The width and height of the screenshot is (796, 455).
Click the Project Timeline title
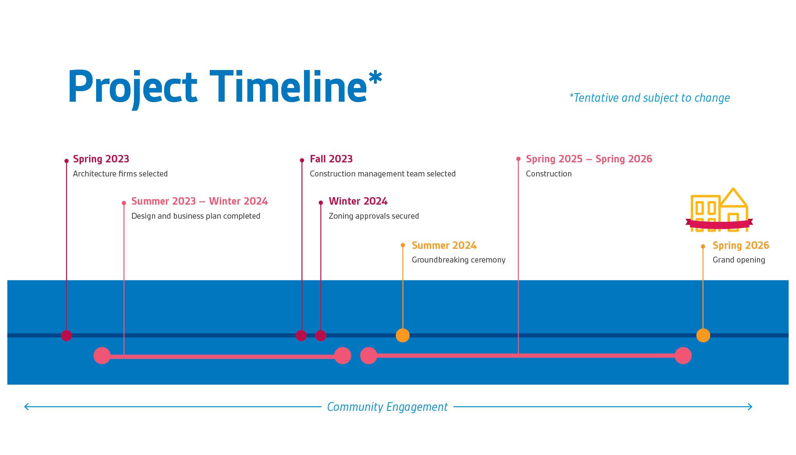tap(225, 88)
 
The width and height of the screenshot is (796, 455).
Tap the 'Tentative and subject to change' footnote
tap(649, 98)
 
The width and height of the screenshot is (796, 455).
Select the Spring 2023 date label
tap(101, 159)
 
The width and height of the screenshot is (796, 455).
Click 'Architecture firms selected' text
tap(120, 174)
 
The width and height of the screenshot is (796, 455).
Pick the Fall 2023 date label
tap(331, 159)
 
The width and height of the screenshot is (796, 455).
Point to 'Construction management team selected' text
tap(383, 174)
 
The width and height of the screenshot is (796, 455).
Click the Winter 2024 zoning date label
tap(358, 201)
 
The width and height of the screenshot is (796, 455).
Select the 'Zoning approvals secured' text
tap(374, 216)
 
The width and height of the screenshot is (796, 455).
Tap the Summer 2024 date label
tap(444, 245)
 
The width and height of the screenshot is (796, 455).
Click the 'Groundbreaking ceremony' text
tap(458, 260)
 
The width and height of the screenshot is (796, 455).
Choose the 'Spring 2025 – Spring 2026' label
tap(589, 159)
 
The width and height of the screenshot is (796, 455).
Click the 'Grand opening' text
tap(739, 260)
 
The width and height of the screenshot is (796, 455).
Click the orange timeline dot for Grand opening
tap(703, 335)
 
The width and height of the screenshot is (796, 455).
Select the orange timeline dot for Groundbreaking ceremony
tap(402, 335)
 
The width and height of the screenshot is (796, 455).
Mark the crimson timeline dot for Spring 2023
tap(66, 335)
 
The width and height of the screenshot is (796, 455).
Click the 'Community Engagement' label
tap(387, 407)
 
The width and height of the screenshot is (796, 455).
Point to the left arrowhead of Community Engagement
tap(25, 407)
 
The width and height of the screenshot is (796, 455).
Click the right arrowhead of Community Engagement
tap(751, 407)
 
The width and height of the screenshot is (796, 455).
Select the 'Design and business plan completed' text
tap(196, 216)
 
